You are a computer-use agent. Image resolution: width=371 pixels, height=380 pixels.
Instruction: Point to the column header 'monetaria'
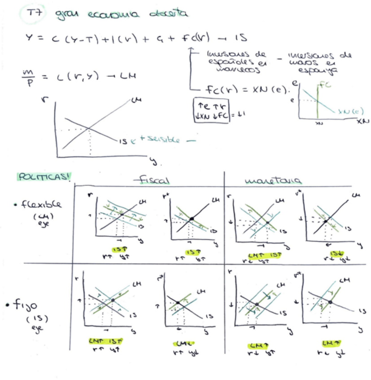pyautogui.click(x=273, y=180)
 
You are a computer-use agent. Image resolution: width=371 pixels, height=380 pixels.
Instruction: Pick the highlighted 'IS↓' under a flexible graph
pyautogui.click(x=333, y=254)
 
